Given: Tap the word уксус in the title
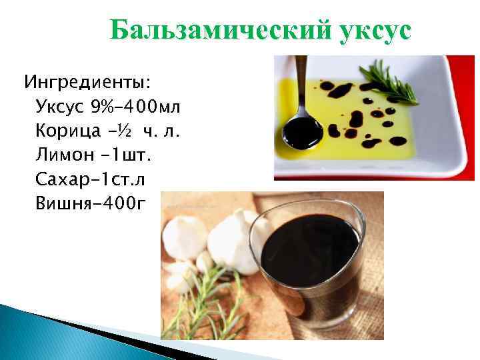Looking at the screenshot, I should [365, 31].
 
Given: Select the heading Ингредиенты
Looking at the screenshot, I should [87, 83].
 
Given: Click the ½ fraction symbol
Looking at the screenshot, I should [123, 130].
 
